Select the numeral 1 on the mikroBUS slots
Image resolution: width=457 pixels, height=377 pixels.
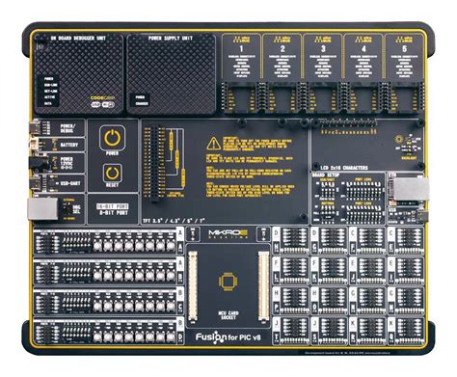[x=241, y=48]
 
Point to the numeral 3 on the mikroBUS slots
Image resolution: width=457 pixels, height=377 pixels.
[x=323, y=48]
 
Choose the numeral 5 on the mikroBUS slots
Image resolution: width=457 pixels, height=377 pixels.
[x=405, y=48]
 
